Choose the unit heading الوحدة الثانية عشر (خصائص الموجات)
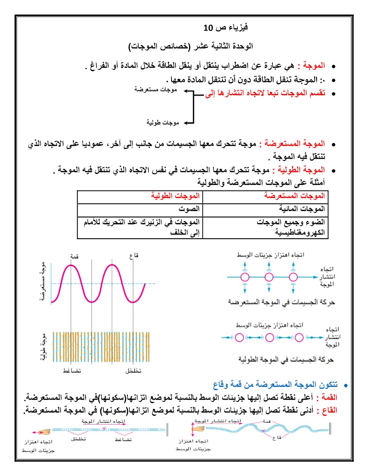pos(190,46)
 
